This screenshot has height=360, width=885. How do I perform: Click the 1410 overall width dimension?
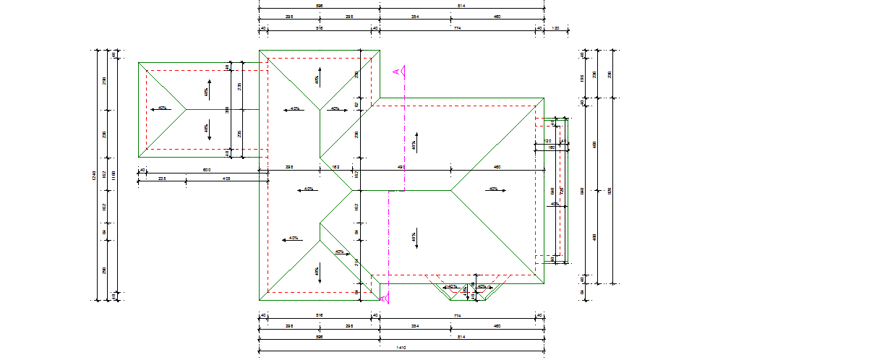coord(401,348)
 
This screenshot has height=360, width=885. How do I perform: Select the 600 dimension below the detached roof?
coord(206,169)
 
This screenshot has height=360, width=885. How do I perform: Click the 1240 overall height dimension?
coord(94,175)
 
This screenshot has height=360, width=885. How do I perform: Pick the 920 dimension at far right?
coord(610,191)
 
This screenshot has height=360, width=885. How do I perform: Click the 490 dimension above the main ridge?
coord(401,167)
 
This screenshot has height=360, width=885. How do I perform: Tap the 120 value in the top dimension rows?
coord(555,27)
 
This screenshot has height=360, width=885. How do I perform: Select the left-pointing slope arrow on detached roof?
coord(158,108)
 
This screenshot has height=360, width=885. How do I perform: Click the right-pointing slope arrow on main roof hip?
coord(496,189)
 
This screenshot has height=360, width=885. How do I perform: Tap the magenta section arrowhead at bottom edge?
coord(384,297)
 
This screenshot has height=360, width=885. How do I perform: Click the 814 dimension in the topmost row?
coord(461,6)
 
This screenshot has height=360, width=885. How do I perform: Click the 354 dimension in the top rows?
coord(414,16)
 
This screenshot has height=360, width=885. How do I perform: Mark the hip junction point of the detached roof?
coord(187,109)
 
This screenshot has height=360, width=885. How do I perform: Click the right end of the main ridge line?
coord(451,190)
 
